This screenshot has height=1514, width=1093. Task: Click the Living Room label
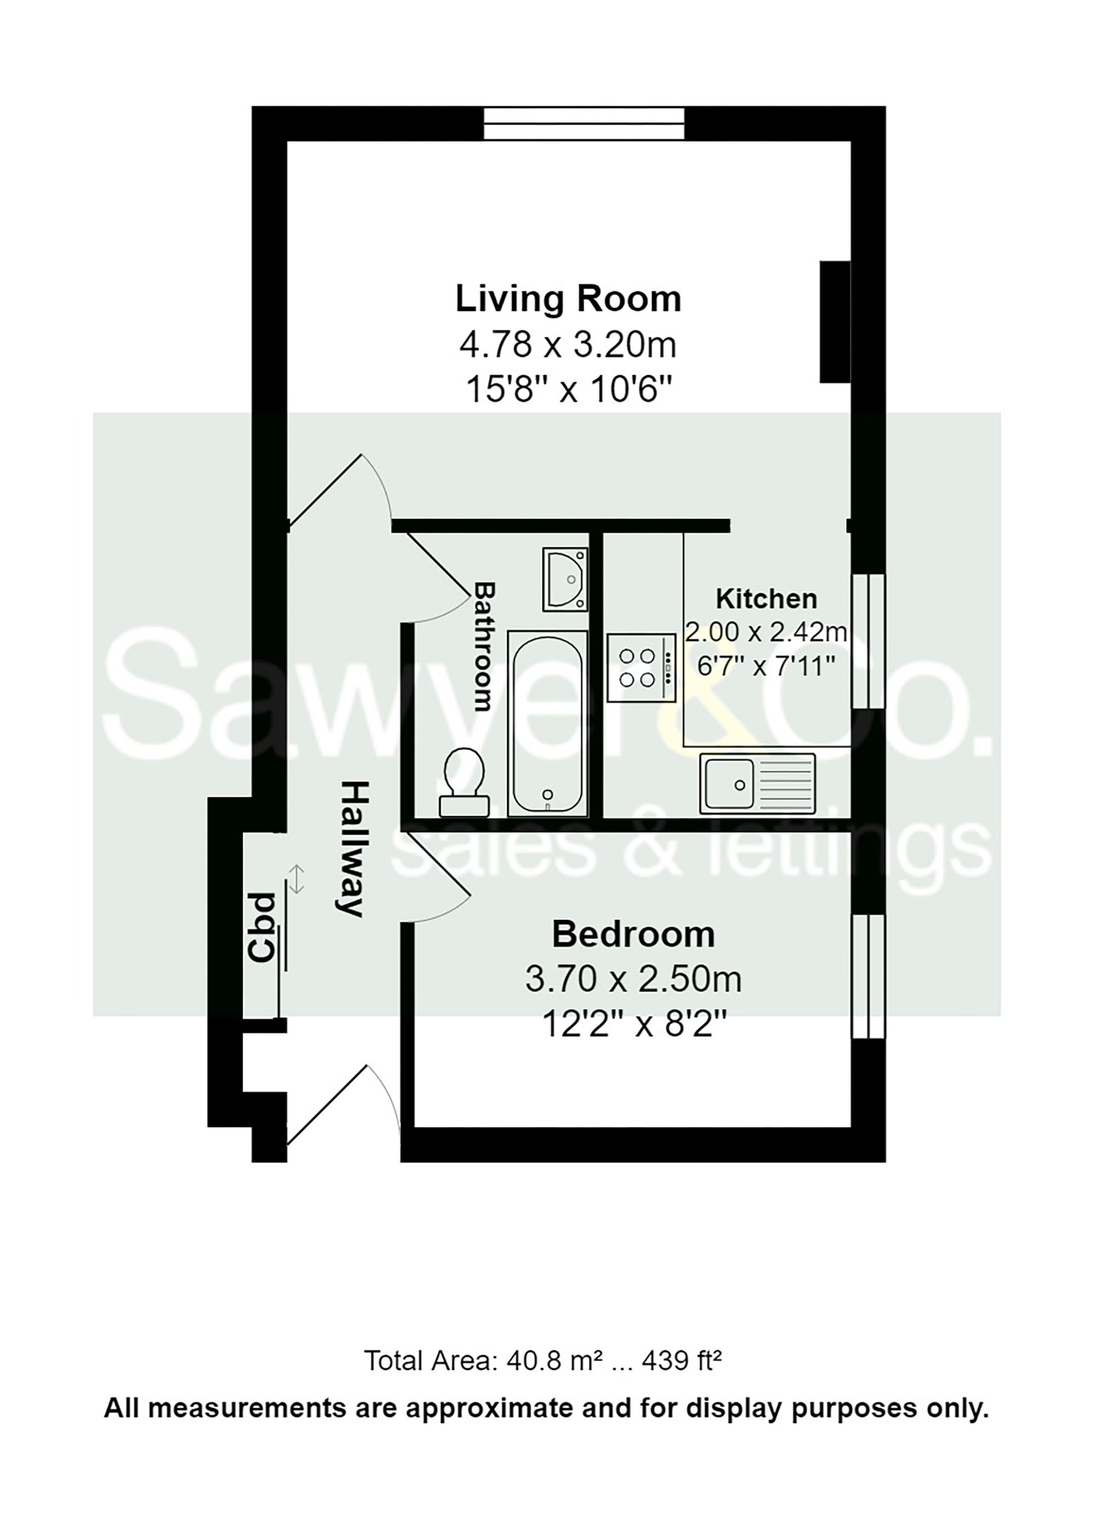568,298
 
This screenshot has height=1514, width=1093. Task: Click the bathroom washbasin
565,579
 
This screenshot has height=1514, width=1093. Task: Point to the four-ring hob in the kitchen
641,667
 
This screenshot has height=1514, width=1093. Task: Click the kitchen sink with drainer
757,784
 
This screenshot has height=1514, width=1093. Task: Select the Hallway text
351,848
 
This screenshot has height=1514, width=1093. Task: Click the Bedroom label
633,935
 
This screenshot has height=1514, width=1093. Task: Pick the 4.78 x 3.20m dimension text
568,345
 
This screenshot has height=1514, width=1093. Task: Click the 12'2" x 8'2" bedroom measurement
633,1024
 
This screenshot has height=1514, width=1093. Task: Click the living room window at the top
584,124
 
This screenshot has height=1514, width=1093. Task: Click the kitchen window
869,640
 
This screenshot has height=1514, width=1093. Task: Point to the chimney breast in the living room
835,322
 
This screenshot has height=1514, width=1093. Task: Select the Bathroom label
484,646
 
